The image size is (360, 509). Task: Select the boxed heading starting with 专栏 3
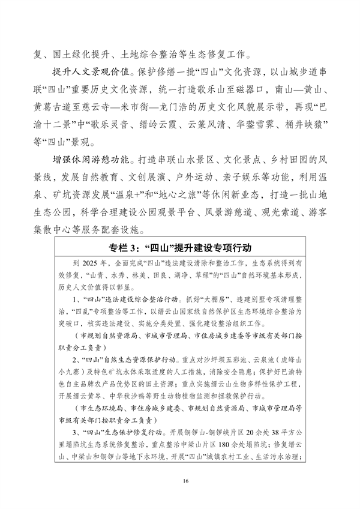[x=180, y=247]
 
